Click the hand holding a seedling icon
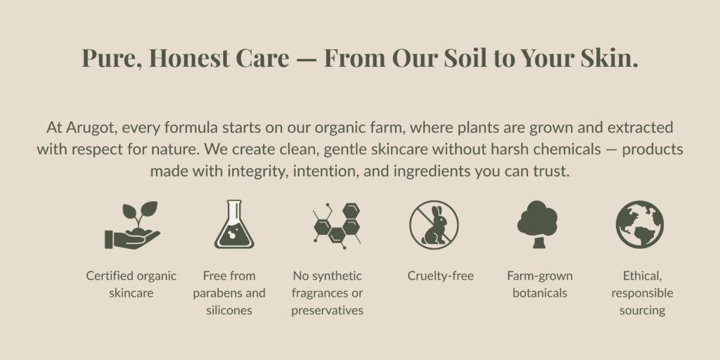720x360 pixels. point(132,225)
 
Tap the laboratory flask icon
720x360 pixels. point(234,224)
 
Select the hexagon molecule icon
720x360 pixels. point(337,226)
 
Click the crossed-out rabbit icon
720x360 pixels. point(434,224)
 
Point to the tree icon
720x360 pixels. point(537,224)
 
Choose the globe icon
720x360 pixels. point(640,224)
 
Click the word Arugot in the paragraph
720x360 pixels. point(90,128)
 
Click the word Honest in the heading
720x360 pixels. point(189,58)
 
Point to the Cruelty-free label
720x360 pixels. point(440,276)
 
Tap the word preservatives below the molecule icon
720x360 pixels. point(328,310)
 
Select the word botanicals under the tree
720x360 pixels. point(540,293)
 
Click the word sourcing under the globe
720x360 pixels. point(642,311)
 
